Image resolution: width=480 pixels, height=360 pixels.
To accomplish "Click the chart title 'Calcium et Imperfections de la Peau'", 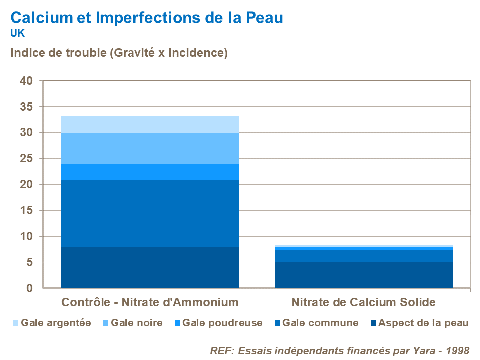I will pos(147,18).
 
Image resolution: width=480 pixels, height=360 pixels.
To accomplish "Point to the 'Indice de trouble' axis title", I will pos(119,53).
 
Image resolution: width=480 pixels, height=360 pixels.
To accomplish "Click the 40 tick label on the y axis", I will pos(26,81).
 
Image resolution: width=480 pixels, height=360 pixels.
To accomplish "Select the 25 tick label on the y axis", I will pos(26,159).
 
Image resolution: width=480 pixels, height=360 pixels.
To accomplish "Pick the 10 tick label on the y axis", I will pos(26,236).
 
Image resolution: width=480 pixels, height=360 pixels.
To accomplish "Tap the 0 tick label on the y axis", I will pos(30,288).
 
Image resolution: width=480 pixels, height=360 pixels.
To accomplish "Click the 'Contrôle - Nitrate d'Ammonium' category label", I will pos(150,302).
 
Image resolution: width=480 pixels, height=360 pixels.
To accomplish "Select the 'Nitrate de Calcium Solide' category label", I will pos(364,302).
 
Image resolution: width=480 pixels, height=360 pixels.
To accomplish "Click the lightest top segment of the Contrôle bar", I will pos(150,124).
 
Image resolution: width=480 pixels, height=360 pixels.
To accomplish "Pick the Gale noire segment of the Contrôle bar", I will pos(150,148).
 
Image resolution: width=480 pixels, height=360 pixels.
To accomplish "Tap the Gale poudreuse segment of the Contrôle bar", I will pos(150,172).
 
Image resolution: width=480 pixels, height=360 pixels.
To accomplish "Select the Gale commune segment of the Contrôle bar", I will pos(150,213).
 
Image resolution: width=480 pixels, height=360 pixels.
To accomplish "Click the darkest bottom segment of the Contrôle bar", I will pos(150,267).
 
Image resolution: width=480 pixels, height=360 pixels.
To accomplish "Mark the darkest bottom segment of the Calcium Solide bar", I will pos(364,275).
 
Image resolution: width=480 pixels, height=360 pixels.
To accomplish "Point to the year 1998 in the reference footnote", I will pos(458,350).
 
